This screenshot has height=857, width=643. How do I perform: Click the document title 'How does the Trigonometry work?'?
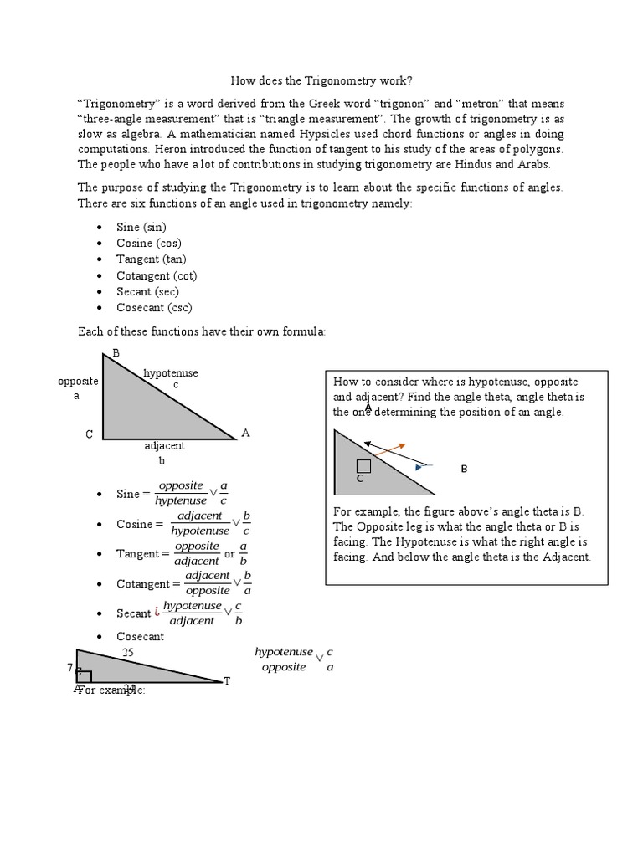[321, 80]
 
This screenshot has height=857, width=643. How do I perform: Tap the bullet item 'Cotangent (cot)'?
[157, 275]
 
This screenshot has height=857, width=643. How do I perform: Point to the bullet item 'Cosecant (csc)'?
[155, 307]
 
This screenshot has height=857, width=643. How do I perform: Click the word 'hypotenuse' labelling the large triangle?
[171, 373]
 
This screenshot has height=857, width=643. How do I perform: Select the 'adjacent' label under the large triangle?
[164, 446]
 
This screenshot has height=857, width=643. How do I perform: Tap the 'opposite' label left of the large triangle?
[78, 382]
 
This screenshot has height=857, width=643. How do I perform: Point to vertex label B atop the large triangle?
[116, 354]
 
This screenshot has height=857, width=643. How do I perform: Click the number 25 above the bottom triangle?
[128, 652]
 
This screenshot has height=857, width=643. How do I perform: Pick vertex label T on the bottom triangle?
[226, 682]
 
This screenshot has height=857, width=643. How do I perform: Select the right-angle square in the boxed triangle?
[363, 466]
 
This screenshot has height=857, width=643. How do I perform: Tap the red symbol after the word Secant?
[157, 613]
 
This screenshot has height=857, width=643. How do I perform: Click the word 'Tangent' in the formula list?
[137, 554]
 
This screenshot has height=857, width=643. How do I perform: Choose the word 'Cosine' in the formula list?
[135, 525]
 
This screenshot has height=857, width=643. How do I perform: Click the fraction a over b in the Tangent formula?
[243, 554]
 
